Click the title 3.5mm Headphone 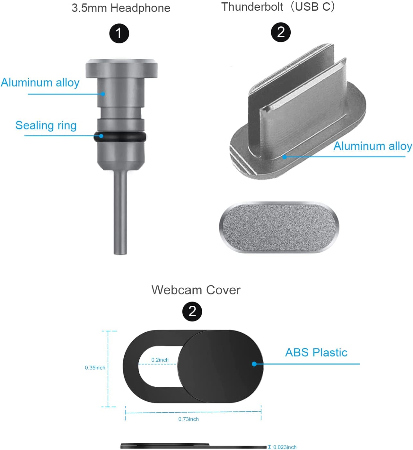pyautogui.click(x=121, y=8)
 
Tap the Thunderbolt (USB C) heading pyautogui.click(x=278, y=7)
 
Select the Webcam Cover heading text pyautogui.click(x=196, y=290)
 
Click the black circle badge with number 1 pyautogui.click(x=119, y=33)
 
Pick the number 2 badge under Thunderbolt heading pyautogui.click(x=281, y=32)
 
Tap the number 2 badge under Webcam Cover pyautogui.click(x=192, y=311)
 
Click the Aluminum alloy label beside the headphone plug pyautogui.click(x=40, y=83)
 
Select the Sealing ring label pyautogui.click(x=46, y=125)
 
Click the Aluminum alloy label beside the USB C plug pyautogui.click(x=373, y=146)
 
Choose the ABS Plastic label pyautogui.click(x=316, y=353)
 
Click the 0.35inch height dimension pyautogui.click(x=95, y=368)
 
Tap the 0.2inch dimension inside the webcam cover pyautogui.click(x=160, y=360)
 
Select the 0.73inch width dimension pyautogui.click(x=189, y=419)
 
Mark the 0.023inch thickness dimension pyautogui.click(x=285, y=447)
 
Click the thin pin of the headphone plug pyautogui.click(x=120, y=212)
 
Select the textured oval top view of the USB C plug pyautogui.click(x=279, y=227)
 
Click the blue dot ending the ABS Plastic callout pyautogui.click(x=254, y=364)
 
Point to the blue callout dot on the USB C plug pyautogui.click(x=285, y=157)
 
